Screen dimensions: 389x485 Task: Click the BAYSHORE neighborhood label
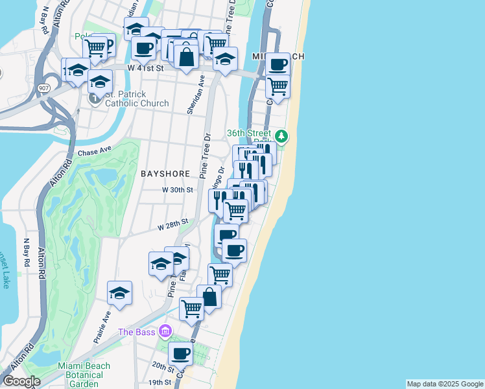165,174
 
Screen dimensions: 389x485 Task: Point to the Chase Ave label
95,153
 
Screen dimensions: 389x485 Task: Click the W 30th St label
178,190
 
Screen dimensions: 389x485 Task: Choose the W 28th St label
172,224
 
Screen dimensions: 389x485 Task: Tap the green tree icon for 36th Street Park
281,136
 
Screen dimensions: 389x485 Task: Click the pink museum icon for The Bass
165,332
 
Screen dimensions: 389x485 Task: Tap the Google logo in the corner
21,381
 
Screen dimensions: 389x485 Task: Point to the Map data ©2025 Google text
444,384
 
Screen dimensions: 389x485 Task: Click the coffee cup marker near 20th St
180,353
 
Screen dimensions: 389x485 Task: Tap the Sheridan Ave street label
191,94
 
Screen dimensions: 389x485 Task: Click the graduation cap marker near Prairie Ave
119,293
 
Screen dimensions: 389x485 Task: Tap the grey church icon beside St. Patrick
94,99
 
